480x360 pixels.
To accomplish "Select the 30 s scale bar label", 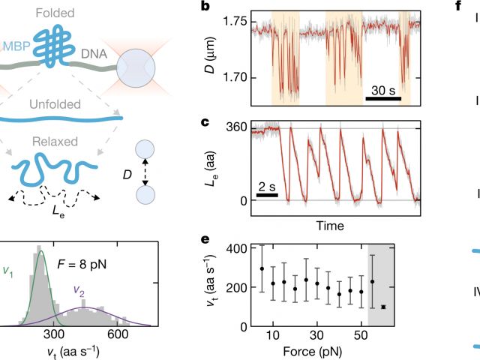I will pos(383,91).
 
